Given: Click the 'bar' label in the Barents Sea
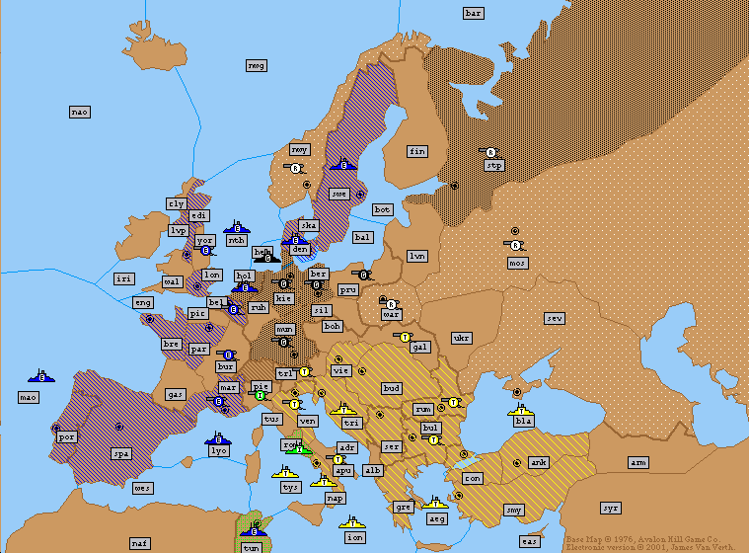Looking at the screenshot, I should pyautogui.click(x=474, y=13).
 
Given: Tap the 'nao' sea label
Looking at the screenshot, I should pyautogui.click(x=80, y=112).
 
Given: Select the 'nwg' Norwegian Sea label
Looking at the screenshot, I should pyautogui.click(x=256, y=65).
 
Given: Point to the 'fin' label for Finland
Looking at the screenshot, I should pyautogui.click(x=417, y=151).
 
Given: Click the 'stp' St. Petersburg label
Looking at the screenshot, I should pyautogui.click(x=494, y=165).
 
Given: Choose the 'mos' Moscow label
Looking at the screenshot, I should pyautogui.click(x=518, y=263).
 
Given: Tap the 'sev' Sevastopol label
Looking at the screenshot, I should pyautogui.click(x=556, y=318).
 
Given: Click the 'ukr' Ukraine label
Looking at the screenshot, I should pyautogui.click(x=462, y=338).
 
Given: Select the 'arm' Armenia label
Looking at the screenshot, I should pyautogui.click(x=638, y=462).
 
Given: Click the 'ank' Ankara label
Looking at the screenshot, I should pyautogui.click(x=539, y=462).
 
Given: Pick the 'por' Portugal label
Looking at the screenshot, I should pyautogui.click(x=67, y=435).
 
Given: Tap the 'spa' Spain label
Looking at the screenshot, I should pyautogui.click(x=121, y=454).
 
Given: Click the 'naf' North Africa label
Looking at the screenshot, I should pyautogui.click(x=140, y=543).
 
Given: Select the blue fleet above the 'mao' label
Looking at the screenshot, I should pyautogui.click(x=41, y=376).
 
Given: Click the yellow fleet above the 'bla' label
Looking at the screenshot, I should pyautogui.click(x=522, y=409).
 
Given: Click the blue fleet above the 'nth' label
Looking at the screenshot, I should pyautogui.click(x=236, y=227).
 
